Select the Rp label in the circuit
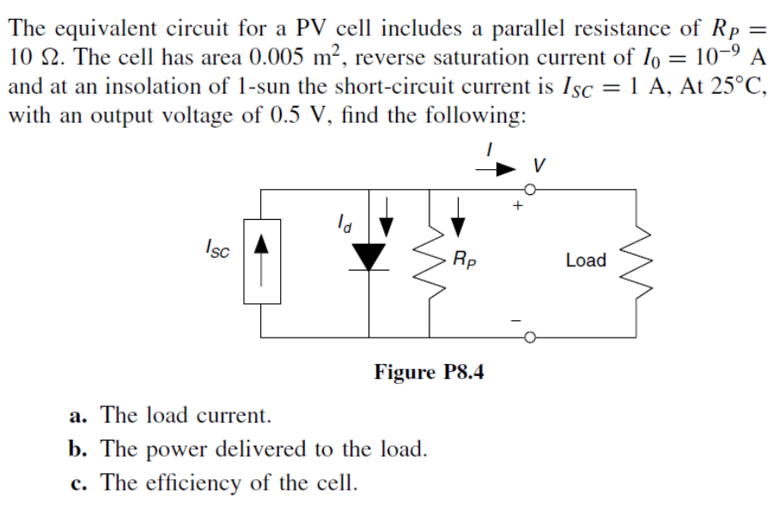pyautogui.click(x=461, y=259)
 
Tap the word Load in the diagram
pyautogui.click(x=586, y=260)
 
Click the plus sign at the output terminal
pyautogui.click(x=517, y=206)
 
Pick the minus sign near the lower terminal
pyautogui.click(x=517, y=319)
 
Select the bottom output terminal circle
pyautogui.click(x=533, y=336)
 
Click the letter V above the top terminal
pyautogui.click(x=539, y=162)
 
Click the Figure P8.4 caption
pyautogui.click(x=430, y=372)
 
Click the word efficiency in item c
pyautogui.click(x=193, y=483)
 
